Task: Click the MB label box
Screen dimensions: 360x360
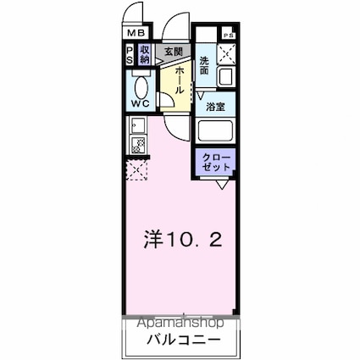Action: pyautogui.click(x=136, y=35)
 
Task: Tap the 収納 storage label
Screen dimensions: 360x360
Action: pyautogui.click(x=145, y=55)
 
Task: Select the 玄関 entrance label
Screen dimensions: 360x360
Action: pyautogui.click(x=174, y=53)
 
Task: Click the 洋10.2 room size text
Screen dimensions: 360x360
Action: pyautogui.click(x=180, y=240)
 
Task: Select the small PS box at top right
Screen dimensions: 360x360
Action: pyautogui.click(x=228, y=35)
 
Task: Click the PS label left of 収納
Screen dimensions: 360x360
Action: pyautogui.click(x=130, y=55)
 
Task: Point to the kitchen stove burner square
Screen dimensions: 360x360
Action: pyautogui.click(x=138, y=148)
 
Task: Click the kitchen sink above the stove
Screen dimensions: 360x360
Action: pyautogui.click(x=137, y=128)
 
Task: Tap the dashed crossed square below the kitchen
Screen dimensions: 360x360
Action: pyautogui.click(x=136, y=170)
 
